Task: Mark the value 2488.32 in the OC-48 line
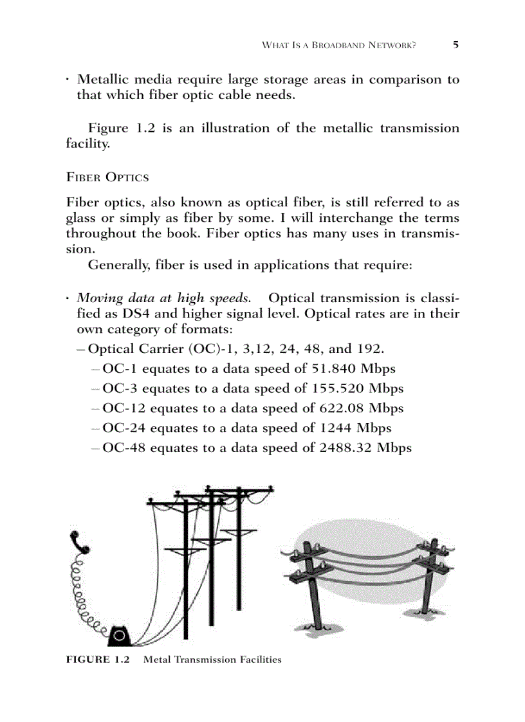pos(346,447)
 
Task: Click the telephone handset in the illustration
pos(82,544)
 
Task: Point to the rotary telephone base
pos(118,636)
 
